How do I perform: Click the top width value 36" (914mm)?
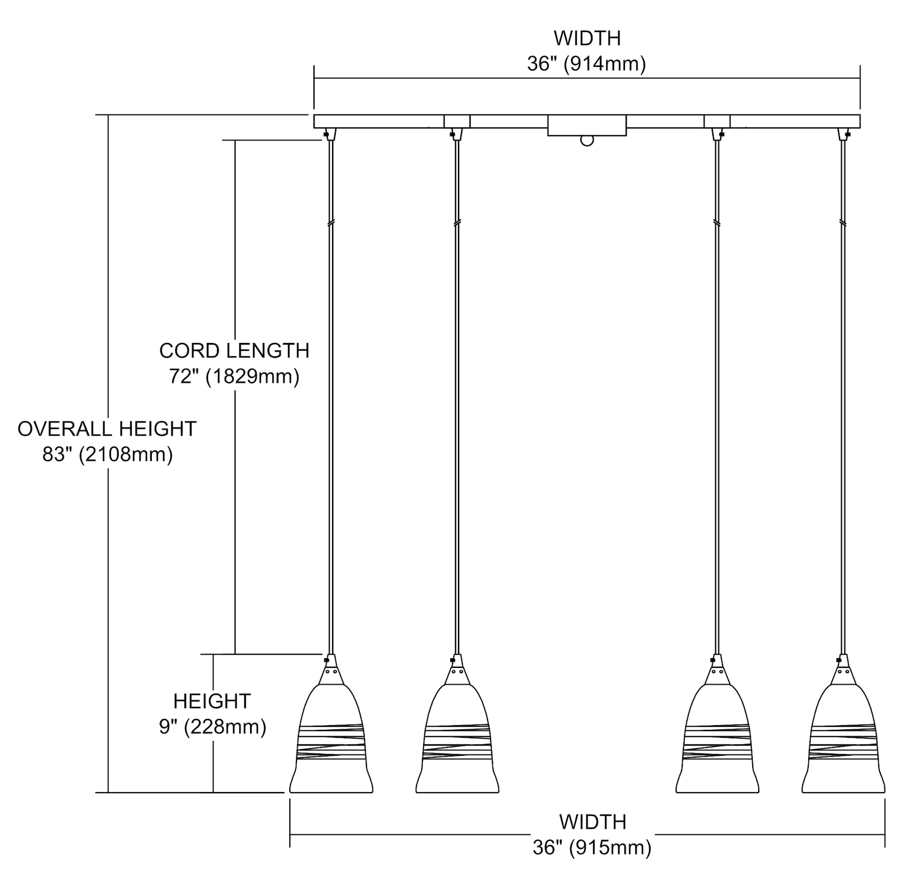tap(586, 64)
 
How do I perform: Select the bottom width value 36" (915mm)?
tap(592, 848)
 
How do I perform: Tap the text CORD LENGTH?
tap(234, 350)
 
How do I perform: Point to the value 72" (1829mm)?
tap(234, 377)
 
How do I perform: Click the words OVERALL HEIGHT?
tap(107, 429)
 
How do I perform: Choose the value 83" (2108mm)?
tap(107, 454)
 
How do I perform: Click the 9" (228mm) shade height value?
tap(212, 727)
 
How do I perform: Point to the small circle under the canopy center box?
tap(586, 141)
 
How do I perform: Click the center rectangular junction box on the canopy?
tap(586, 125)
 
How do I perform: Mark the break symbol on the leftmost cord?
tap(330, 223)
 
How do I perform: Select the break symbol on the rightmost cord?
tap(842, 223)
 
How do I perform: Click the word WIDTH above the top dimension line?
tap(587, 38)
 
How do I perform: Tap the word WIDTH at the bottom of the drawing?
tap(592, 821)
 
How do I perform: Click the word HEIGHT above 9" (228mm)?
tap(212, 701)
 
